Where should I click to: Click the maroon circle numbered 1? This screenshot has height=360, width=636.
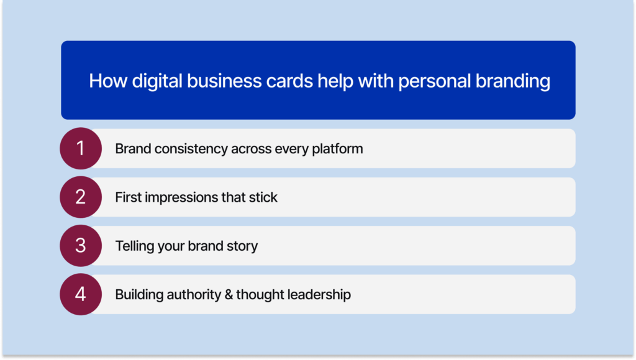(81, 148)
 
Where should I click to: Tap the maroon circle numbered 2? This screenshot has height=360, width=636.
(81, 197)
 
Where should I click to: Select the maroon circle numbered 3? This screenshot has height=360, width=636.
(81, 246)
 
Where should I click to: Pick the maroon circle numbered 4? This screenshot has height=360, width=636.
(81, 294)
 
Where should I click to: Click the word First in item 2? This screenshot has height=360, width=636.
(129, 197)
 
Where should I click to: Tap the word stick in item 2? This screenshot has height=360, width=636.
(263, 197)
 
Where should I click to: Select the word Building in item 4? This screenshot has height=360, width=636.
(139, 295)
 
